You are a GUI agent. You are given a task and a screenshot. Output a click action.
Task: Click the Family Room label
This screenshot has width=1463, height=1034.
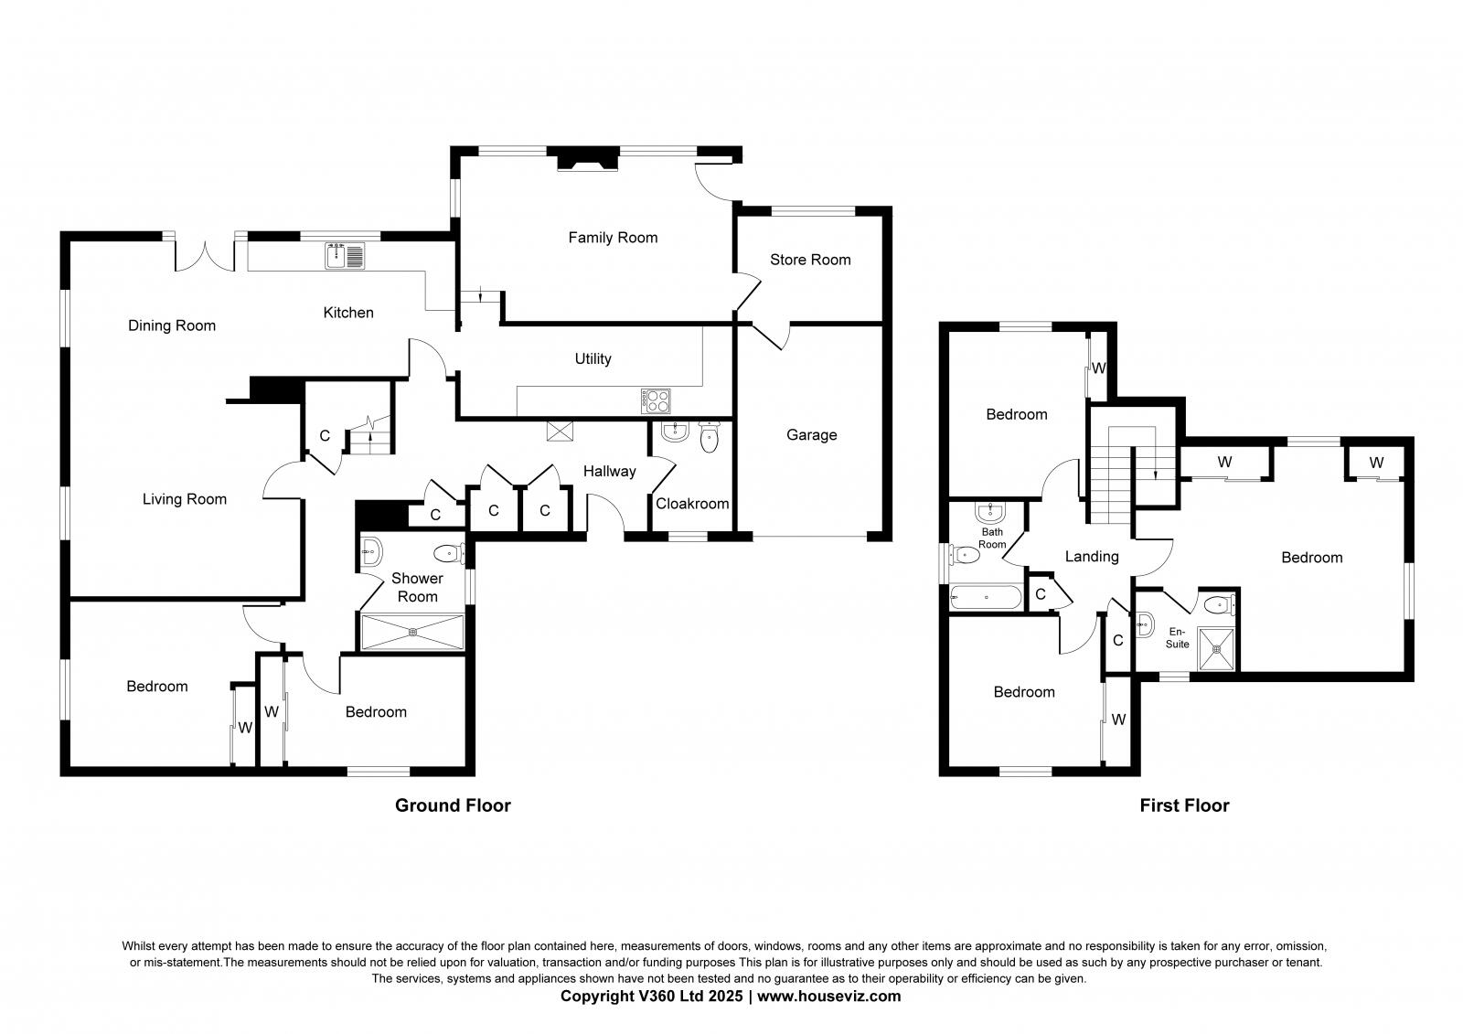point(613,238)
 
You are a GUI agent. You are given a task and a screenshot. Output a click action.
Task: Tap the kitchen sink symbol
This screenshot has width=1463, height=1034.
point(345,255)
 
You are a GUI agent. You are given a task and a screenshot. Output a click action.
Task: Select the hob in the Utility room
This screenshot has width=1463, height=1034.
point(657,400)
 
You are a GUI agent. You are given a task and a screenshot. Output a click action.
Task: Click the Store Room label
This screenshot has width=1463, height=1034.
point(810,260)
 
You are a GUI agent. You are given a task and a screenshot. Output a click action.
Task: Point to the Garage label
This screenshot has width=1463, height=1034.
point(811,435)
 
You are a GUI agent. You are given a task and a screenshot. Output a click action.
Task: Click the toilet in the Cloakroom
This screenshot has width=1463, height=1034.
point(710,438)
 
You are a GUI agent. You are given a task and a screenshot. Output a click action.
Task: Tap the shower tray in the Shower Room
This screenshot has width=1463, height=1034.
point(413,632)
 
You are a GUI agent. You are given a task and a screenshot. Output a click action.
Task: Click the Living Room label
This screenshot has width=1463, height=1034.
point(185,499)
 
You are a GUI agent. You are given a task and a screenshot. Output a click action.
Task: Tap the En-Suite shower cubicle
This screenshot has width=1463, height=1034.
point(1217,648)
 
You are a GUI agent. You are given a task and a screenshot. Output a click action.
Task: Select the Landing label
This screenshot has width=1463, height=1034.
point(1092,556)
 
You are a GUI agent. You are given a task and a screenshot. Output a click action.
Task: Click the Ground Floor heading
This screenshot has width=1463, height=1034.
point(453,805)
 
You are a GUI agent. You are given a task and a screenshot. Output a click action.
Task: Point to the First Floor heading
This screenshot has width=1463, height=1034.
point(1184,805)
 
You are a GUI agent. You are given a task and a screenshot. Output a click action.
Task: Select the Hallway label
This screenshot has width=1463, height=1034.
point(609,472)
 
